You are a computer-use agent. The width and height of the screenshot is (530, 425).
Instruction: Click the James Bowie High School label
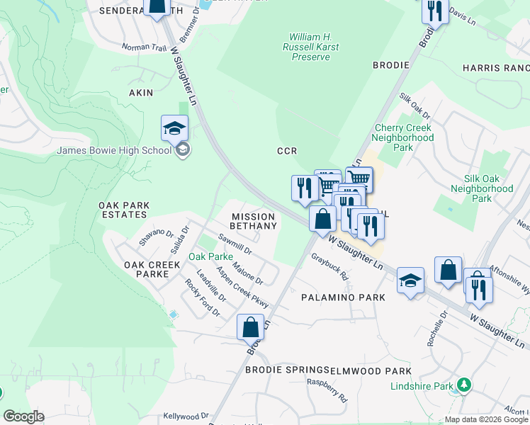tap(113, 149)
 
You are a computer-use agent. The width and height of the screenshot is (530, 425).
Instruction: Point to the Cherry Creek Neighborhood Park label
tap(402, 138)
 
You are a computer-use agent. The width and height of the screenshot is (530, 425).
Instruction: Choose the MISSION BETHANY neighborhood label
tap(254, 221)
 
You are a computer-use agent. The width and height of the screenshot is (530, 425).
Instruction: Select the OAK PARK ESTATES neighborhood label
tap(124, 210)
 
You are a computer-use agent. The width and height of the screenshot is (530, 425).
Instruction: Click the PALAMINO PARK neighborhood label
tap(343, 297)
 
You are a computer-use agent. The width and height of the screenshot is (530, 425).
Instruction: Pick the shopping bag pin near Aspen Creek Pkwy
tap(250, 328)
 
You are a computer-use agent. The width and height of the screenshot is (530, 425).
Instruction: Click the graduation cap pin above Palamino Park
tap(410, 281)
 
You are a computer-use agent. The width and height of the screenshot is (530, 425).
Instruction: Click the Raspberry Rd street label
tap(327, 390)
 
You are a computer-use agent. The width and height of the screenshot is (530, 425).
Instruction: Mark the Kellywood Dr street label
tap(186, 416)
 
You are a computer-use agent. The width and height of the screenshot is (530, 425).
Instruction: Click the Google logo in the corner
tap(23, 416)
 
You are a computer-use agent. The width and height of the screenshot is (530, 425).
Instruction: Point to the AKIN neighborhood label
tap(140, 93)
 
